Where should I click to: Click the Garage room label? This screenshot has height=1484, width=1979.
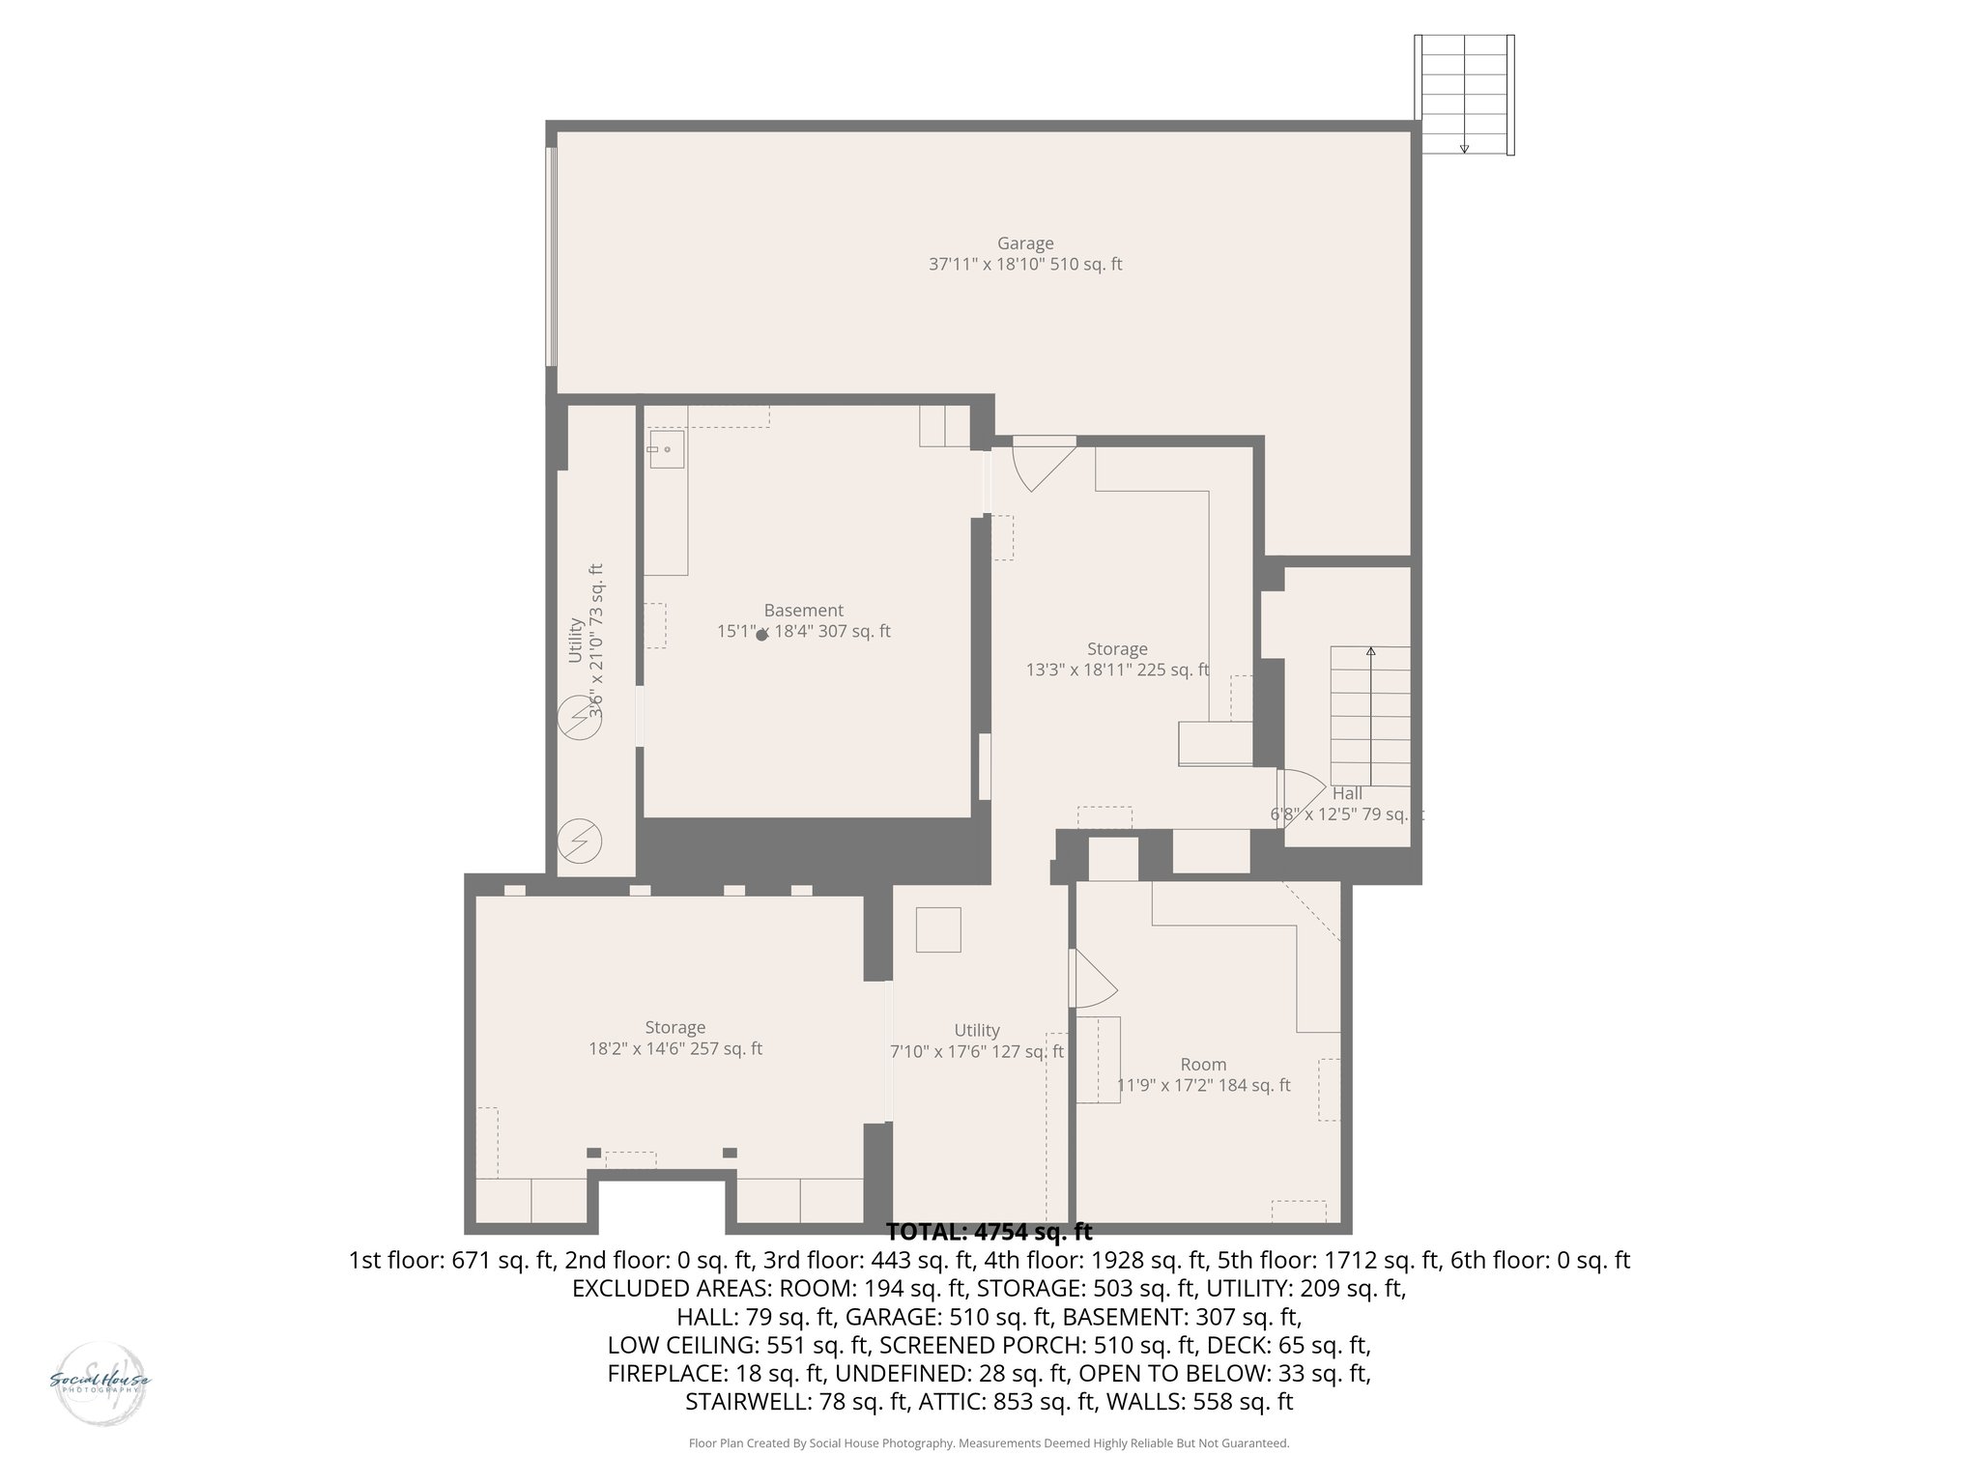(x=1025, y=243)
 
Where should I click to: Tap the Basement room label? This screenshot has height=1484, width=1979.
(x=803, y=611)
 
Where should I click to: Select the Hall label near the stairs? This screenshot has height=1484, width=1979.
(x=1347, y=794)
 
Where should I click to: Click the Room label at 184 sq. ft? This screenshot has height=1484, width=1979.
(x=1203, y=1065)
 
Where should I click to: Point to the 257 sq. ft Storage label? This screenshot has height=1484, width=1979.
(x=675, y=1028)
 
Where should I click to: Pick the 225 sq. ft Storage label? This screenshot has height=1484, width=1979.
(x=1117, y=649)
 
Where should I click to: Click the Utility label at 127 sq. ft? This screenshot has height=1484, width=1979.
(x=976, y=1031)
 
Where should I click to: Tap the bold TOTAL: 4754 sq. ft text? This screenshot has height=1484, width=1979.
(x=989, y=1233)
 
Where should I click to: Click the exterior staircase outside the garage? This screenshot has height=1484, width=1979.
(x=1464, y=95)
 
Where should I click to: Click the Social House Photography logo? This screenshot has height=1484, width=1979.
(x=100, y=1382)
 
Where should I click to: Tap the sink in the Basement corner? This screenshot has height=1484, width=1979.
(x=666, y=449)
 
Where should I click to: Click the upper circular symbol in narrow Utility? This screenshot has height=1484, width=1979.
(x=580, y=720)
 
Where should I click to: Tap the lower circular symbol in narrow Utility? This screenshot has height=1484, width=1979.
(x=580, y=842)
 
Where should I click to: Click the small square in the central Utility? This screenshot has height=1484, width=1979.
(x=938, y=929)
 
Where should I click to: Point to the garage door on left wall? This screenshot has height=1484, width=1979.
(x=552, y=257)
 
